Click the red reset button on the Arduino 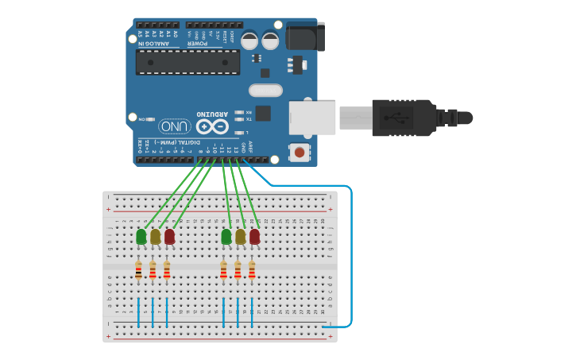point(300,151)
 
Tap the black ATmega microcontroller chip point(187,62)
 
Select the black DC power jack point(305,37)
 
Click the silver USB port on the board point(311,117)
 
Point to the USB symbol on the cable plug point(398,118)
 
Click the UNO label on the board point(175,126)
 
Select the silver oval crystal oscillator point(265,91)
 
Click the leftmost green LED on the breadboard point(141,237)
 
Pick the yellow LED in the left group point(155,237)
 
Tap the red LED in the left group point(169,237)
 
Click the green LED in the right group point(226,237)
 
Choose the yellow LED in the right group point(241,237)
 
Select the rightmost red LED point(254,237)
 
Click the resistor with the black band point(138,271)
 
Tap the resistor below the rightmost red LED point(252,271)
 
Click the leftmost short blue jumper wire point(138,312)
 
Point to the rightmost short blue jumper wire point(252,312)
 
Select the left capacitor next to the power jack point(249,39)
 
